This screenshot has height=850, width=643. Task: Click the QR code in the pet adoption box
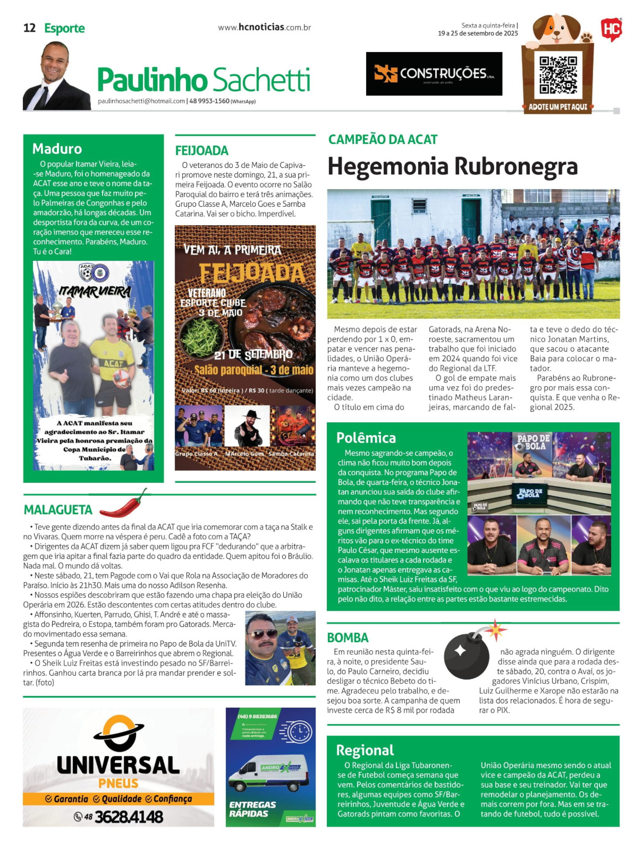point(558,75)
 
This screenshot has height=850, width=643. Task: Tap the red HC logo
point(611,29)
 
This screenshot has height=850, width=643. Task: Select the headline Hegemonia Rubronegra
point(452,167)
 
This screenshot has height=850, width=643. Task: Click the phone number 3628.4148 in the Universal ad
point(128,817)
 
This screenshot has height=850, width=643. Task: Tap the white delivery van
point(269,773)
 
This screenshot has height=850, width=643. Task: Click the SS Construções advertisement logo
point(434,74)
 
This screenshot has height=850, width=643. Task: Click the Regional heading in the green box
point(365,750)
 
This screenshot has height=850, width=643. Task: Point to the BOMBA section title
point(348,638)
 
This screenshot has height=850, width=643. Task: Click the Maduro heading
point(57,149)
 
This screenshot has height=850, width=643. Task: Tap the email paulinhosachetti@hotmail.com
point(141,101)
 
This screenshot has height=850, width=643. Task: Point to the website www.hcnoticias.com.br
point(264,28)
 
